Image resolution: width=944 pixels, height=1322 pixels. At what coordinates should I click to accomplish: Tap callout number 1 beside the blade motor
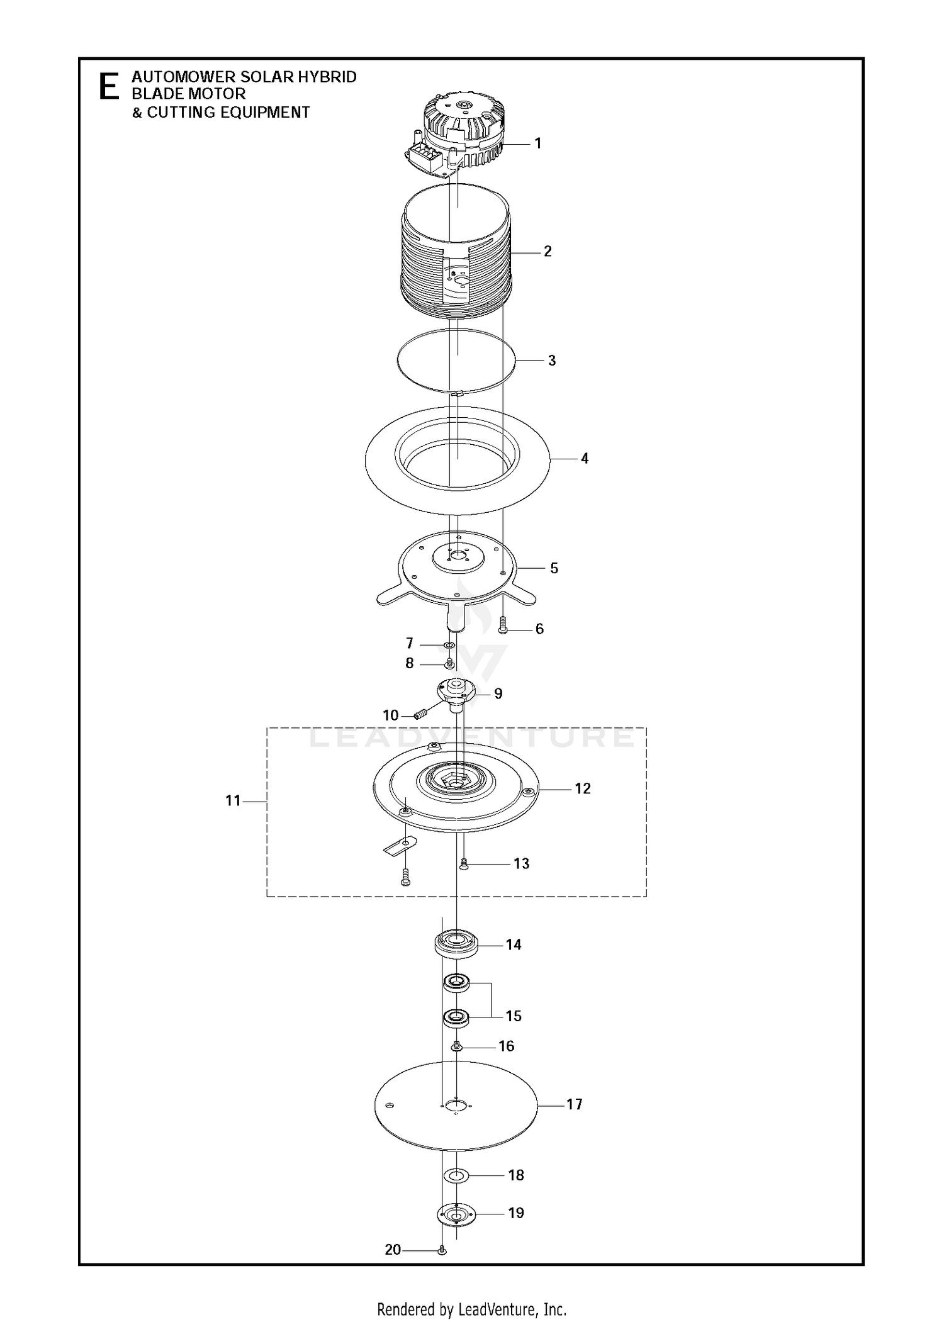point(538,143)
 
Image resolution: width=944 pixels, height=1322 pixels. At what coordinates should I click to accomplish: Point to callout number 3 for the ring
point(552,361)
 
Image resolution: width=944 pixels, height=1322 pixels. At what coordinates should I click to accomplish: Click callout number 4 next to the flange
point(585,459)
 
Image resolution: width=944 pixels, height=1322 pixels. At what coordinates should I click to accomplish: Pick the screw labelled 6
point(502,625)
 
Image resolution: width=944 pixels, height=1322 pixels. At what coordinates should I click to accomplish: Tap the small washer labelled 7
point(449,645)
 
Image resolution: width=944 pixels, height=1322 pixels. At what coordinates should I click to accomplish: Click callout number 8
point(410,663)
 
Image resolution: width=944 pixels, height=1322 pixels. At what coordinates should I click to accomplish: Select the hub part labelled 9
point(456,695)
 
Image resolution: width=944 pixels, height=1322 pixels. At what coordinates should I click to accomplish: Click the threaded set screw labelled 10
point(422,714)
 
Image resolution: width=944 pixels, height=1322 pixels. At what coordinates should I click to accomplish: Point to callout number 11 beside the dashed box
point(233,801)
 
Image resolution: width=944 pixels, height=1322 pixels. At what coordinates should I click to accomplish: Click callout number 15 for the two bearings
point(514,1016)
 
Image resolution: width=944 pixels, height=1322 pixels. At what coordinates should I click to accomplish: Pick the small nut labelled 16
point(457,1046)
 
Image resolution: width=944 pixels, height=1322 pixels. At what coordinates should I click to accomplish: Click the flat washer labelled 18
point(457,1175)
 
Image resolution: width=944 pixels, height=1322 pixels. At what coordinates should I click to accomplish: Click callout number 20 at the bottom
point(393,1250)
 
